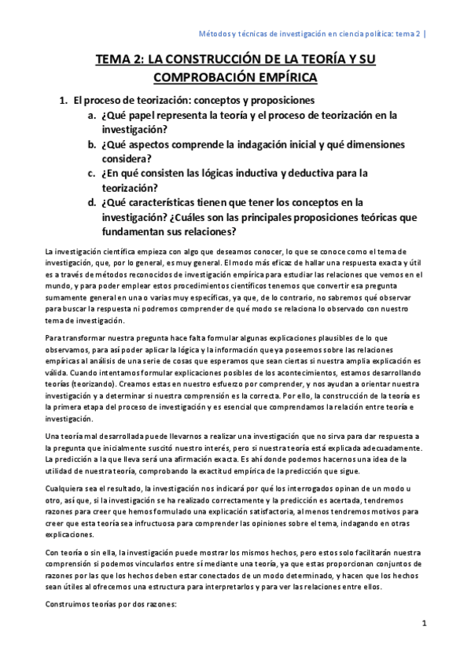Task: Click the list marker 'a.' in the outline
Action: click(x=93, y=116)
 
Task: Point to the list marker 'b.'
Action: click(x=93, y=145)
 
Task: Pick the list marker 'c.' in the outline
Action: click(x=93, y=173)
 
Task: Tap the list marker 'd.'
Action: click(x=93, y=202)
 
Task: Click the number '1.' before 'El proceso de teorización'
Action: click(x=65, y=101)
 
